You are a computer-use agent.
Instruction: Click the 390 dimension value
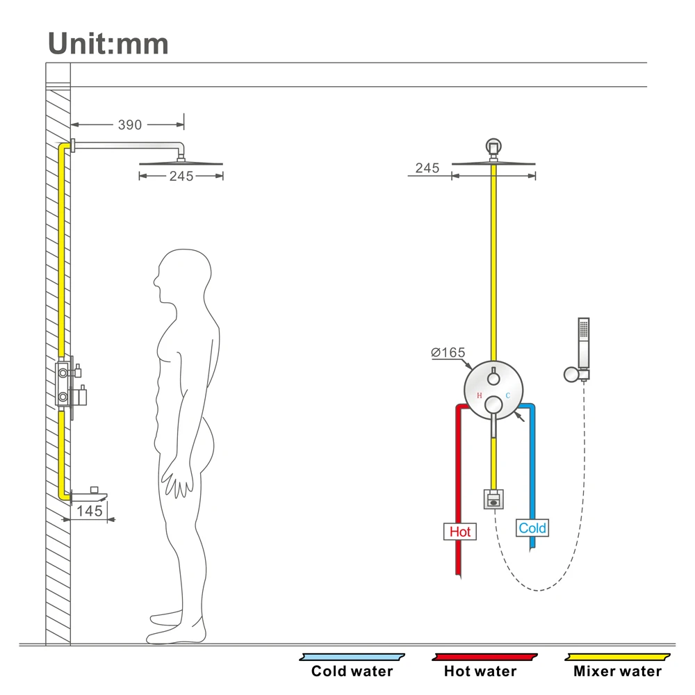(130, 125)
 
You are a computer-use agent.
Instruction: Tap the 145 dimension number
(89, 511)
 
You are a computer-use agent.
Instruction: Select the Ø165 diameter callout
(448, 352)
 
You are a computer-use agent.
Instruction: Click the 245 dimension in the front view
(427, 168)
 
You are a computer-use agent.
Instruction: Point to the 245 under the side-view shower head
(181, 177)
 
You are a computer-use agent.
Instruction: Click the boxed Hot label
(460, 532)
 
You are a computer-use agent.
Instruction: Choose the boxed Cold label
(532, 528)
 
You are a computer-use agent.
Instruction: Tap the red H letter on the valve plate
(479, 395)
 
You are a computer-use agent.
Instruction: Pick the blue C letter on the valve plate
(508, 395)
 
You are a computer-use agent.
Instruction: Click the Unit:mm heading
(108, 44)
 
